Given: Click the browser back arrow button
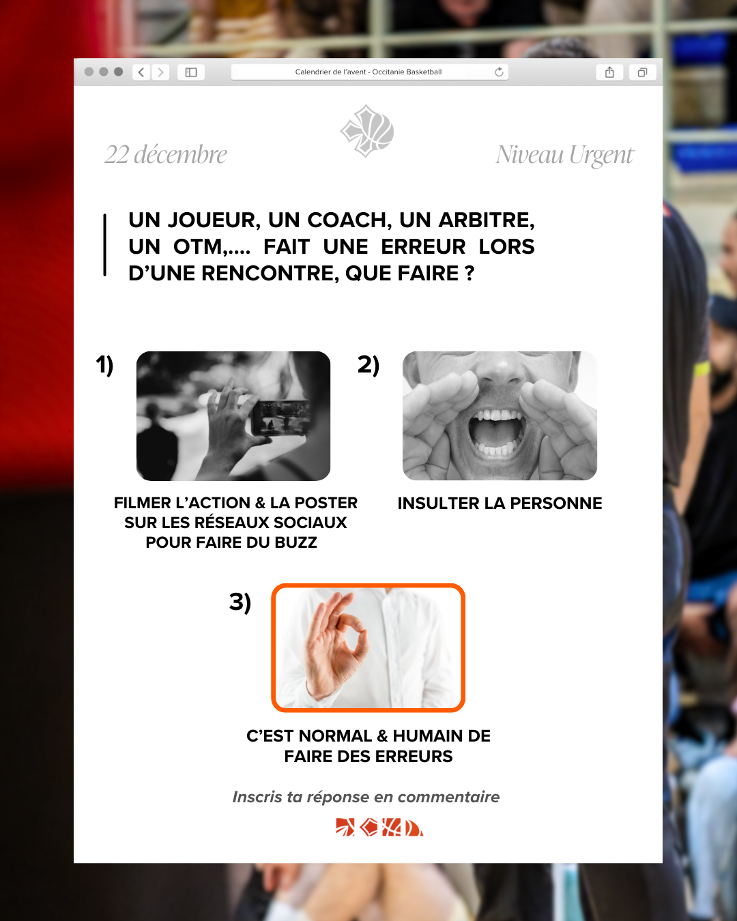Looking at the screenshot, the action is (141, 72).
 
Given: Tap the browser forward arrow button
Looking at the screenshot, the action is (160, 72).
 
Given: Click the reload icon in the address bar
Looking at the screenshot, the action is (499, 72).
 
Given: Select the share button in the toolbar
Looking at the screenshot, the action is (609, 72).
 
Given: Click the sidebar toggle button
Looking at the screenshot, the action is (191, 72).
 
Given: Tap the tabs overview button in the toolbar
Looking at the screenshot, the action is (642, 72).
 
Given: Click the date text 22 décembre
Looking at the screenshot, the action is (166, 154).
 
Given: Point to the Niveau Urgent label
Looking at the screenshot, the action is (564, 156).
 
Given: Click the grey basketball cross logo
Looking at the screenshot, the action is (367, 131).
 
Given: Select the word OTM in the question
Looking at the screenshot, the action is (199, 247).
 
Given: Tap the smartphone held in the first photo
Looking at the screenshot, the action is (280, 418).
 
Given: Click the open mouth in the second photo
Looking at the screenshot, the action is (496, 433).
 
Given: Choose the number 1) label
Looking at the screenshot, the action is (104, 365).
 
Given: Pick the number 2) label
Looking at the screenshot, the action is (369, 365).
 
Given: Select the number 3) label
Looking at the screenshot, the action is (240, 602).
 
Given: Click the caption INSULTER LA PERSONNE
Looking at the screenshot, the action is (500, 503).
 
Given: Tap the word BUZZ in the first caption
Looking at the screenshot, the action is (295, 542).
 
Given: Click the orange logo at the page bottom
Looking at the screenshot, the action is (379, 827).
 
